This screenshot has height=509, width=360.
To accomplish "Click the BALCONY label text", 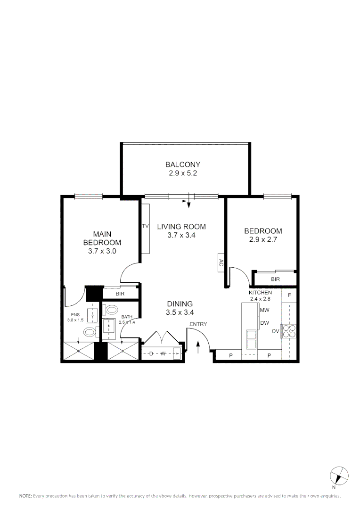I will click(x=183, y=164).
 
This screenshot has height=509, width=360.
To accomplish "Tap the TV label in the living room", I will click(x=145, y=227).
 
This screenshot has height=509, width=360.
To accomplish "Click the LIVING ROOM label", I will click(x=181, y=227).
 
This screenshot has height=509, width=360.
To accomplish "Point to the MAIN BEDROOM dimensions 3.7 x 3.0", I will click(x=102, y=251).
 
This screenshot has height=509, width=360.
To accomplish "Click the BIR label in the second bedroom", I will click(x=275, y=279).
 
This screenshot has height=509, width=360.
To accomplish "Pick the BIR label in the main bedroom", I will click(x=121, y=294).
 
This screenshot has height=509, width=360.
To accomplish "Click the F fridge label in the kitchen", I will click(x=289, y=296).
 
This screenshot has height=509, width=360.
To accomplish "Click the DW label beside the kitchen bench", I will click(x=264, y=323).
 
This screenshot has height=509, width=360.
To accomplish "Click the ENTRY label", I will click(x=197, y=324).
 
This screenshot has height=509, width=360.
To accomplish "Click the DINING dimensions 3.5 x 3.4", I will click(x=180, y=312).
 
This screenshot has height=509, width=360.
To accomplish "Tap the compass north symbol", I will click(x=338, y=475).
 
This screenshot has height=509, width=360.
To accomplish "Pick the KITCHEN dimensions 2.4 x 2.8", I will click(x=260, y=299).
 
